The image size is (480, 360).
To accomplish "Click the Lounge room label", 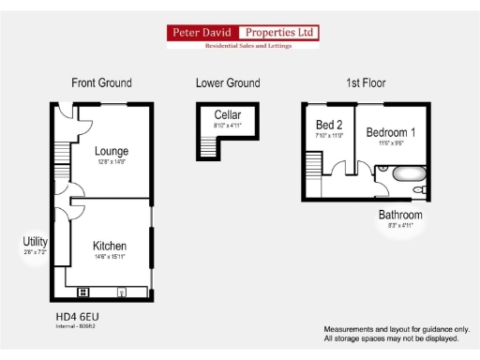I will point(112,151).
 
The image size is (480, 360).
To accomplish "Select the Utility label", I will point(35,242).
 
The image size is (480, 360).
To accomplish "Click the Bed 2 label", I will point(329,125).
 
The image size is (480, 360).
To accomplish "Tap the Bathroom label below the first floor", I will point(400,216).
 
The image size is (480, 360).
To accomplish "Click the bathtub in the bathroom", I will point(399,174).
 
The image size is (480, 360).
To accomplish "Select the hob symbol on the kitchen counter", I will point(82,292).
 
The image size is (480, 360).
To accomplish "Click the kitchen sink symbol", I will point(122,292).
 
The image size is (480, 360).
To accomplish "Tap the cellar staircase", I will point(206,146).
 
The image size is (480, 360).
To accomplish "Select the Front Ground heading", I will point(101,83).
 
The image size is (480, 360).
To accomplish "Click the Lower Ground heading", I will point(228,83).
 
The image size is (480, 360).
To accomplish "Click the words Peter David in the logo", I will point(202,33).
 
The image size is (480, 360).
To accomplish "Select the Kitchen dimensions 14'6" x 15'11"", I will point(110,256).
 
